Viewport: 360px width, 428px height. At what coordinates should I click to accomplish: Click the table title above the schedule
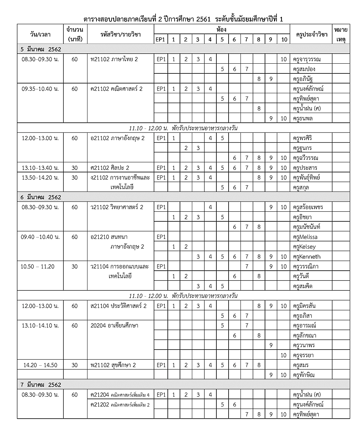click(183, 19)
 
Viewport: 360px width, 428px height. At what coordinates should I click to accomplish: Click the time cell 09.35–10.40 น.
click(40, 89)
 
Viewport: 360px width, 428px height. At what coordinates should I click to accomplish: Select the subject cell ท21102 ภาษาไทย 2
click(114, 59)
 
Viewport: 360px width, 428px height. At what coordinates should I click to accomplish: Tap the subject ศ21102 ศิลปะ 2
click(110, 168)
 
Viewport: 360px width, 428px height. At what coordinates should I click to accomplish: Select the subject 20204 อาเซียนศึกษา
click(114, 325)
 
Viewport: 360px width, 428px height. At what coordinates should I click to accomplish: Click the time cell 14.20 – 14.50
click(40, 365)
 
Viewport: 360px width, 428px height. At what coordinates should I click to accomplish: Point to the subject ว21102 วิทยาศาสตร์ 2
click(117, 207)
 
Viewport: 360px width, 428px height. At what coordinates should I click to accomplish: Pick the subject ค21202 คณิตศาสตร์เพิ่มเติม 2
click(120, 405)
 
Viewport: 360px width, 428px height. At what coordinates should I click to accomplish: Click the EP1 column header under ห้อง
click(161, 39)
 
